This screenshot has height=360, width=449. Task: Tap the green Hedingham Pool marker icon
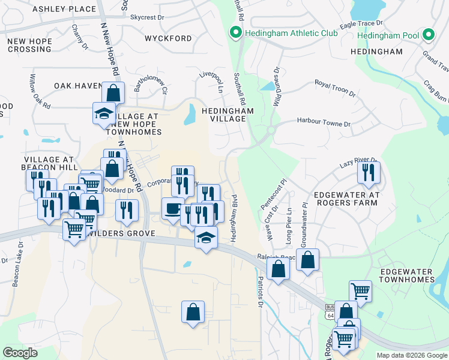[x=428, y=35]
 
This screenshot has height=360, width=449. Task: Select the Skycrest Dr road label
[x=147, y=18]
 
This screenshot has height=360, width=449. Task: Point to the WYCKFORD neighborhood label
[x=168, y=38]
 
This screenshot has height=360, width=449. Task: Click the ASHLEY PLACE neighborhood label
[x=64, y=9]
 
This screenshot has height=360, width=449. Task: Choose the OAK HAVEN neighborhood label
[x=79, y=86]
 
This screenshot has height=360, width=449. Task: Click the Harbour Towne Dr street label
[x=324, y=122]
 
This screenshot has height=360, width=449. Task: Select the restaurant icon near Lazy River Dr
[x=369, y=173]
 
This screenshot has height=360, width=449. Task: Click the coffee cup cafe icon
[x=173, y=209]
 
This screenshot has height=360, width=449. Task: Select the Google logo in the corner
[x=20, y=352]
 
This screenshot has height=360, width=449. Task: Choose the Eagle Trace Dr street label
[x=361, y=25]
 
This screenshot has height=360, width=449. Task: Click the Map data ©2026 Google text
[x=411, y=355]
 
